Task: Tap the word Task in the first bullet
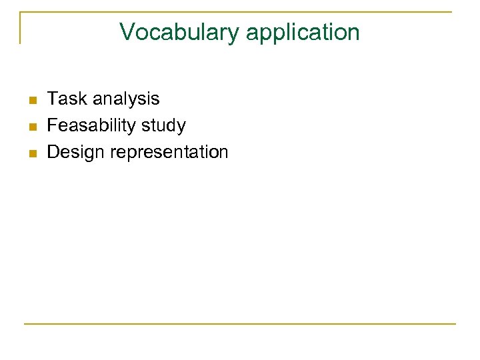(67, 99)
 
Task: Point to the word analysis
(126, 99)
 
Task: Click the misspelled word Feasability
(91, 125)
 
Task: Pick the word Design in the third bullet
(76, 152)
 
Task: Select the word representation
(169, 152)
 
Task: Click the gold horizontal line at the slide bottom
(240, 324)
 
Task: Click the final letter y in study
(181, 127)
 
